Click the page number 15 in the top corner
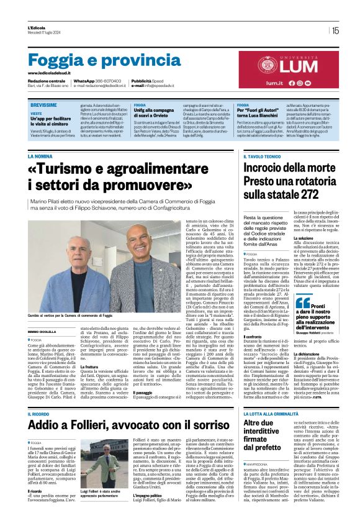click(x=335, y=30)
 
